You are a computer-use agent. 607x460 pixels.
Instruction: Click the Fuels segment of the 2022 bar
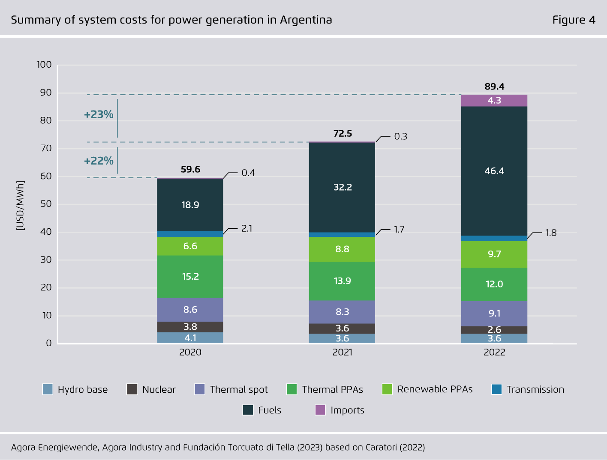(x=494, y=171)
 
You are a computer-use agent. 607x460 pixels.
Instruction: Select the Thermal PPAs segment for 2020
(x=190, y=277)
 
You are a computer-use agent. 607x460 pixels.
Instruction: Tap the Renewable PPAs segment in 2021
(x=342, y=249)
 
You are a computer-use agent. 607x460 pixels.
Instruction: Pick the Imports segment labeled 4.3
(x=494, y=101)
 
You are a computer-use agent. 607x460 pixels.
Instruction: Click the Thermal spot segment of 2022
(x=494, y=314)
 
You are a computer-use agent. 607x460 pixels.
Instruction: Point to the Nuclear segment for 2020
(x=190, y=327)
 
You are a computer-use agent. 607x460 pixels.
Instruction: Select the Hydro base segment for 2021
(x=342, y=338)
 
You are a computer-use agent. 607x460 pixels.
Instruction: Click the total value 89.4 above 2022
(x=494, y=87)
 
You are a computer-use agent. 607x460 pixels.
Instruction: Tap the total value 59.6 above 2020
(x=190, y=169)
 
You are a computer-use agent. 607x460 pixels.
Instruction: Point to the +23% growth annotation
(x=99, y=115)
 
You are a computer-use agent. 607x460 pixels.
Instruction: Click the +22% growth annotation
(x=99, y=161)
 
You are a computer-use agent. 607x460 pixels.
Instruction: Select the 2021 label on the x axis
(x=342, y=352)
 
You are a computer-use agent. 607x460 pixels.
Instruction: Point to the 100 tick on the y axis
(x=44, y=65)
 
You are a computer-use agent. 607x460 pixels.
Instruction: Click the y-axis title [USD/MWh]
(x=20, y=206)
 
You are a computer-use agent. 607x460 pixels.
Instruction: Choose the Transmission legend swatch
(x=496, y=389)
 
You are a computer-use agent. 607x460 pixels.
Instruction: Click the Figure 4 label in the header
(x=574, y=20)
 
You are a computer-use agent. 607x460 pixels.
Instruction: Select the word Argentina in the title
(x=306, y=20)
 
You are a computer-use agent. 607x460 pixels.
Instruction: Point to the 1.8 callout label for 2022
(x=551, y=233)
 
